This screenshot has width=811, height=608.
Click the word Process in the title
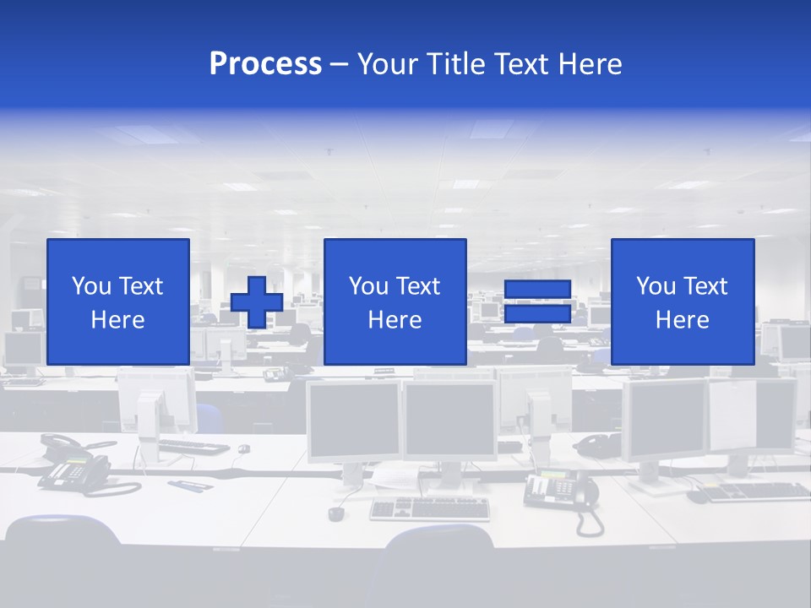265,64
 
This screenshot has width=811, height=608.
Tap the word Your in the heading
389,64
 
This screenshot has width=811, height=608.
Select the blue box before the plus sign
118,301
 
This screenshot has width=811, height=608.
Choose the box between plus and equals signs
395,301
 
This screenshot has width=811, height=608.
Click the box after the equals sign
682,301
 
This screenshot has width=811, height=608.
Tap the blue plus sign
257,302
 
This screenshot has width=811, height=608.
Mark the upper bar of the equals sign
537,290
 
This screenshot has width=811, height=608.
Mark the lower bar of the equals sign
537,314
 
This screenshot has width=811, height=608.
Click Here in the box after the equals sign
682,320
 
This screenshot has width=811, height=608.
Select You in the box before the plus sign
91,286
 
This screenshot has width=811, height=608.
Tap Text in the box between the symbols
418,286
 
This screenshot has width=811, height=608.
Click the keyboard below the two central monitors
430,508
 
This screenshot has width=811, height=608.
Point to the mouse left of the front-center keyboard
336,513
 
